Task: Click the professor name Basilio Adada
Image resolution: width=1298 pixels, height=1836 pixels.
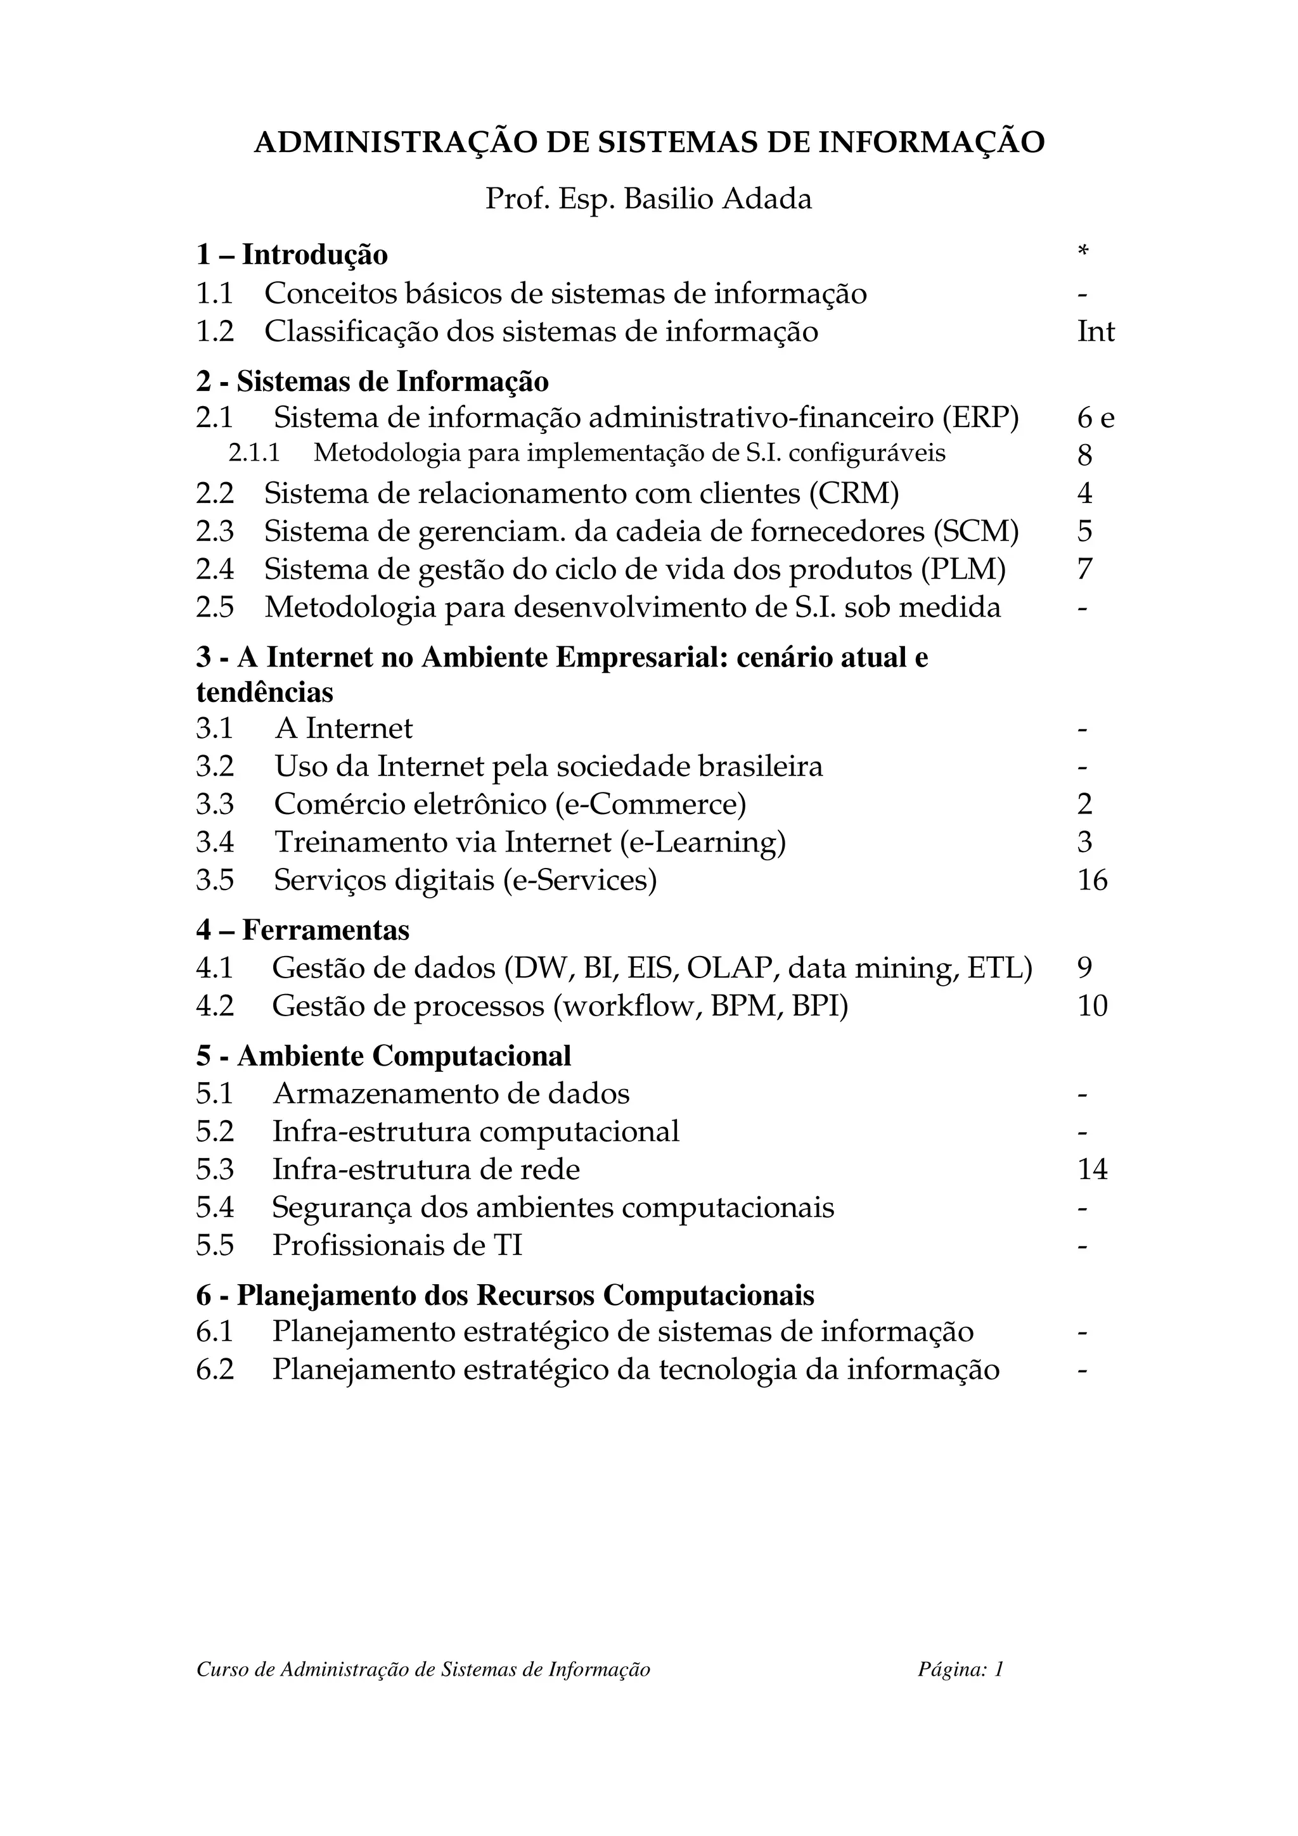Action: [717, 199]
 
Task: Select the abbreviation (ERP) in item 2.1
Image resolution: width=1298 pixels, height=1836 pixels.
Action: [980, 418]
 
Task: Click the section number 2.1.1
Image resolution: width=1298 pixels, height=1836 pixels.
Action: [254, 454]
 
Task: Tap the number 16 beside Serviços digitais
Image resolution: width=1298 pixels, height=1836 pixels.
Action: [1091, 881]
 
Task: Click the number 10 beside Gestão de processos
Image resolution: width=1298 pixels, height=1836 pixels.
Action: [1091, 1006]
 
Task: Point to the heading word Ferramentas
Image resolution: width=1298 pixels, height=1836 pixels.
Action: [326, 930]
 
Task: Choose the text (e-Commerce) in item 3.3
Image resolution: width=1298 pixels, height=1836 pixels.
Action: [650, 805]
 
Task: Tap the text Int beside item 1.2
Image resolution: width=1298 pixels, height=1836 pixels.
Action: [1095, 332]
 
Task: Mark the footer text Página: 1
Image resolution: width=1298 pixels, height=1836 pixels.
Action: [960, 1669]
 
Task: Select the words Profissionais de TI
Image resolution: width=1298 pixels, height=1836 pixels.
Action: [397, 1246]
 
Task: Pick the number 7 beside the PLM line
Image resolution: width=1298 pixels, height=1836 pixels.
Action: [1084, 570]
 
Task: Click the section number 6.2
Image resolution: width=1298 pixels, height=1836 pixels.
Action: [214, 1370]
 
